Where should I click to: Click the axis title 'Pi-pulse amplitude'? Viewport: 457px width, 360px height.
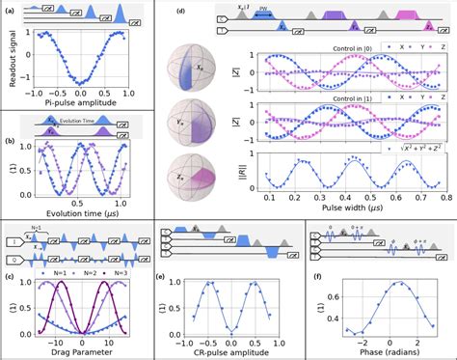[x=79, y=99]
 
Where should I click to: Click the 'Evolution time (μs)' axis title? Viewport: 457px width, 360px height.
[x=79, y=214]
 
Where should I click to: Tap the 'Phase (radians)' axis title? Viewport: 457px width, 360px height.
[x=382, y=350]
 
